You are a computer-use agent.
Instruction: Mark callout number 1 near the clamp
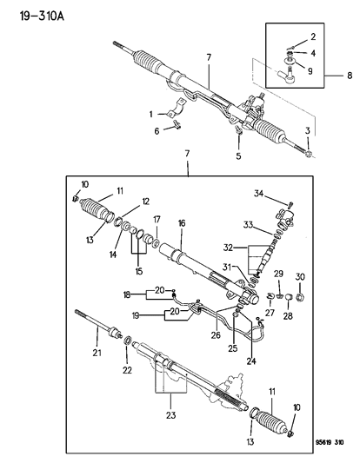[150, 115]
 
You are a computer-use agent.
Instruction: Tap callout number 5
[237, 156]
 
